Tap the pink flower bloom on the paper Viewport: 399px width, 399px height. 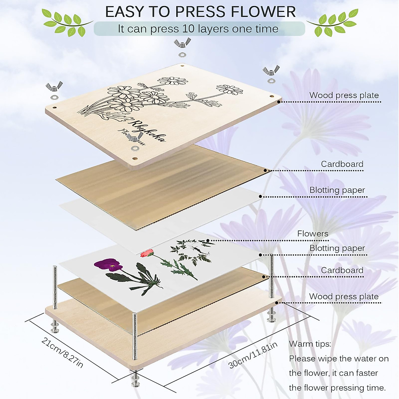pyautogui.click(x=147, y=253)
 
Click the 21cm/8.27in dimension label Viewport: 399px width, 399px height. pyautogui.click(x=62, y=352)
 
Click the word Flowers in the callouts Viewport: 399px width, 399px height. pyautogui.click(x=313, y=234)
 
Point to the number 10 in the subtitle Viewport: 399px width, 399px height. pyautogui.click(x=188, y=29)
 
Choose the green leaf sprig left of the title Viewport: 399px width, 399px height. pyautogui.click(x=66, y=22)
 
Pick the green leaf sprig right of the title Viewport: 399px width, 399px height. pyautogui.click(x=332, y=22)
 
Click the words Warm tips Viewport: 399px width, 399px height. pyautogui.click(x=310, y=344)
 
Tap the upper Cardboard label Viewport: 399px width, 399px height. pyautogui.click(x=342, y=164)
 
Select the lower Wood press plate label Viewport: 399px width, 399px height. pyautogui.click(x=344, y=296)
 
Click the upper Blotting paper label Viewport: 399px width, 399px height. pyautogui.click(x=337, y=190)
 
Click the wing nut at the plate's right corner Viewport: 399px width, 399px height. pyautogui.click(x=270, y=71)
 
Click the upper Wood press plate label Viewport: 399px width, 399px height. pyautogui.click(x=344, y=95)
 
